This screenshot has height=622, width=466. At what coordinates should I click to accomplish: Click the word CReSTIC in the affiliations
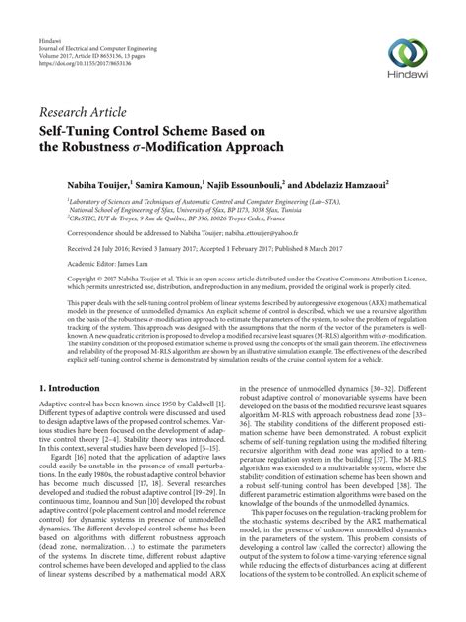pos(58,218)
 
